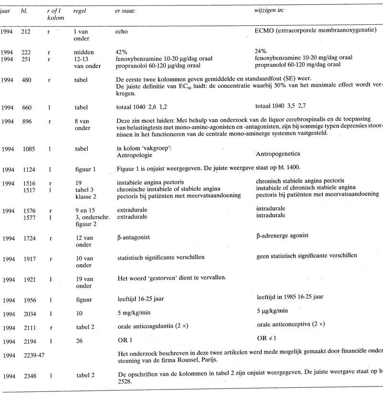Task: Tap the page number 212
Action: click(27, 32)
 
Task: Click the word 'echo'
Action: click(122, 32)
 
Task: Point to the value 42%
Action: click(122, 52)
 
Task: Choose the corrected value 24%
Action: click(261, 51)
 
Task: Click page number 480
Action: click(27, 80)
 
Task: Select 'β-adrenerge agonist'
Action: click(282, 235)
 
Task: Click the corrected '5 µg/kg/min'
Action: click(272, 311)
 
